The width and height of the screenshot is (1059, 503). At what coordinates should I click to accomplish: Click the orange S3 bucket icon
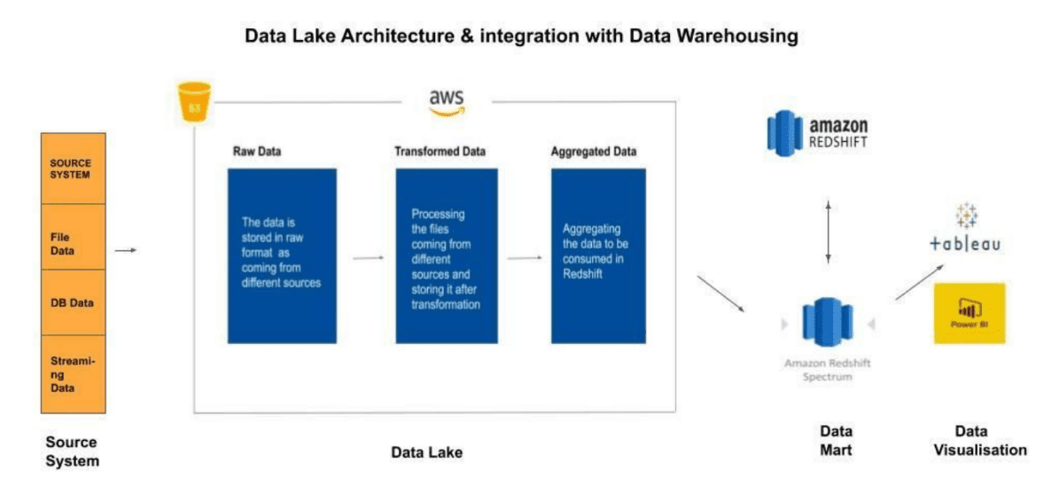(194, 101)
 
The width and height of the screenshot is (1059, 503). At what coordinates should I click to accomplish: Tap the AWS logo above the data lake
(446, 102)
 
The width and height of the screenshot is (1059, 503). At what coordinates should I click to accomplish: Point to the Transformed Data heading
(440, 152)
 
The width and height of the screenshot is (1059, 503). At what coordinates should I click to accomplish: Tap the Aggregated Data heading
(593, 152)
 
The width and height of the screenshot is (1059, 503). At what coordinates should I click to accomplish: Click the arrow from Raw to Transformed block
(368, 258)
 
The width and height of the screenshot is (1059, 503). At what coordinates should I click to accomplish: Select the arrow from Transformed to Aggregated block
(524, 258)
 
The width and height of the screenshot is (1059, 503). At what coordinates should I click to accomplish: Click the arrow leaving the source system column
(127, 250)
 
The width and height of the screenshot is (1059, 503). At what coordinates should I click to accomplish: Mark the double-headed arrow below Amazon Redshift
(829, 231)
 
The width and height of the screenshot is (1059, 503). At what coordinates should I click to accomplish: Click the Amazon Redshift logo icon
(785, 133)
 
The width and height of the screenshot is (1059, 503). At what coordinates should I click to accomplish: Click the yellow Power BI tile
(969, 312)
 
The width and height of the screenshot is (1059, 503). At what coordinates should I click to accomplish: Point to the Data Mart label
(836, 440)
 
